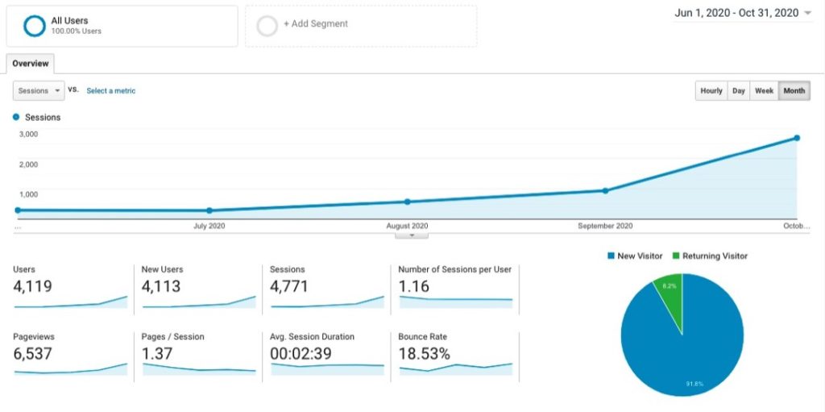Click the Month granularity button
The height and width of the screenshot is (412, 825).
click(794, 90)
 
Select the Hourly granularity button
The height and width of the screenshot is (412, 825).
click(711, 90)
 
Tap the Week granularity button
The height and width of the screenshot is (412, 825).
click(764, 90)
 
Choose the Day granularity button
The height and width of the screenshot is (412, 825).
click(739, 90)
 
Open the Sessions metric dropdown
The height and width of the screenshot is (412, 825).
click(39, 90)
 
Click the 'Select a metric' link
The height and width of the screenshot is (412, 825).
click(111, 90)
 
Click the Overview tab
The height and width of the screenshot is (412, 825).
click(31, 64)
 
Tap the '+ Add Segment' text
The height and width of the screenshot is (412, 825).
click(316, 23)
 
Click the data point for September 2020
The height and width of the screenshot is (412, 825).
click(605, 191)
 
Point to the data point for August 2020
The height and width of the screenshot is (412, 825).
click(407, 202)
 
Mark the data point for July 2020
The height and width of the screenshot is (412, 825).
click(209, 210)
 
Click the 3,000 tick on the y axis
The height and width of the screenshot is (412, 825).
click(28, 134)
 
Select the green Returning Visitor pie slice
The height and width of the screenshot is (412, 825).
click(670, 298)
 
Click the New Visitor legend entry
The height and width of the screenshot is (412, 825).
click(635, 256)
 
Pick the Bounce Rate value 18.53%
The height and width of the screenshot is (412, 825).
click(424, 353)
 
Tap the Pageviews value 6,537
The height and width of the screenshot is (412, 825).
click(32, 353)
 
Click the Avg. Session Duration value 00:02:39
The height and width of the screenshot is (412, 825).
click(301, 353)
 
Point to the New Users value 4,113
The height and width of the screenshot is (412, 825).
click(161, 286)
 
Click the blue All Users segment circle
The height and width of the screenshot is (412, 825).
click(35, 16)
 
